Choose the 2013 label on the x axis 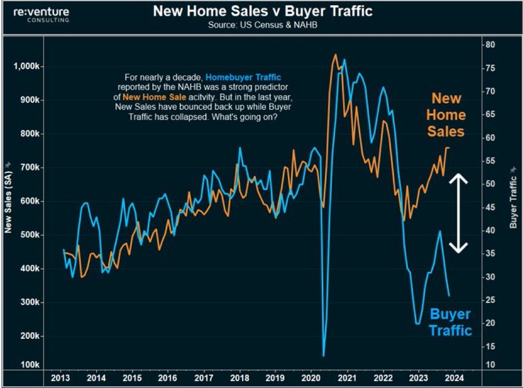coord(61,378)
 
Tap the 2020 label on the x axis coord(310,378)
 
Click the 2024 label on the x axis coord(454,378)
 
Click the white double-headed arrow coord(458,213)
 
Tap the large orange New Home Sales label coord(446,115)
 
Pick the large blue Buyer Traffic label coord(449,322)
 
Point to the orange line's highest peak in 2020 coord(335,54)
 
